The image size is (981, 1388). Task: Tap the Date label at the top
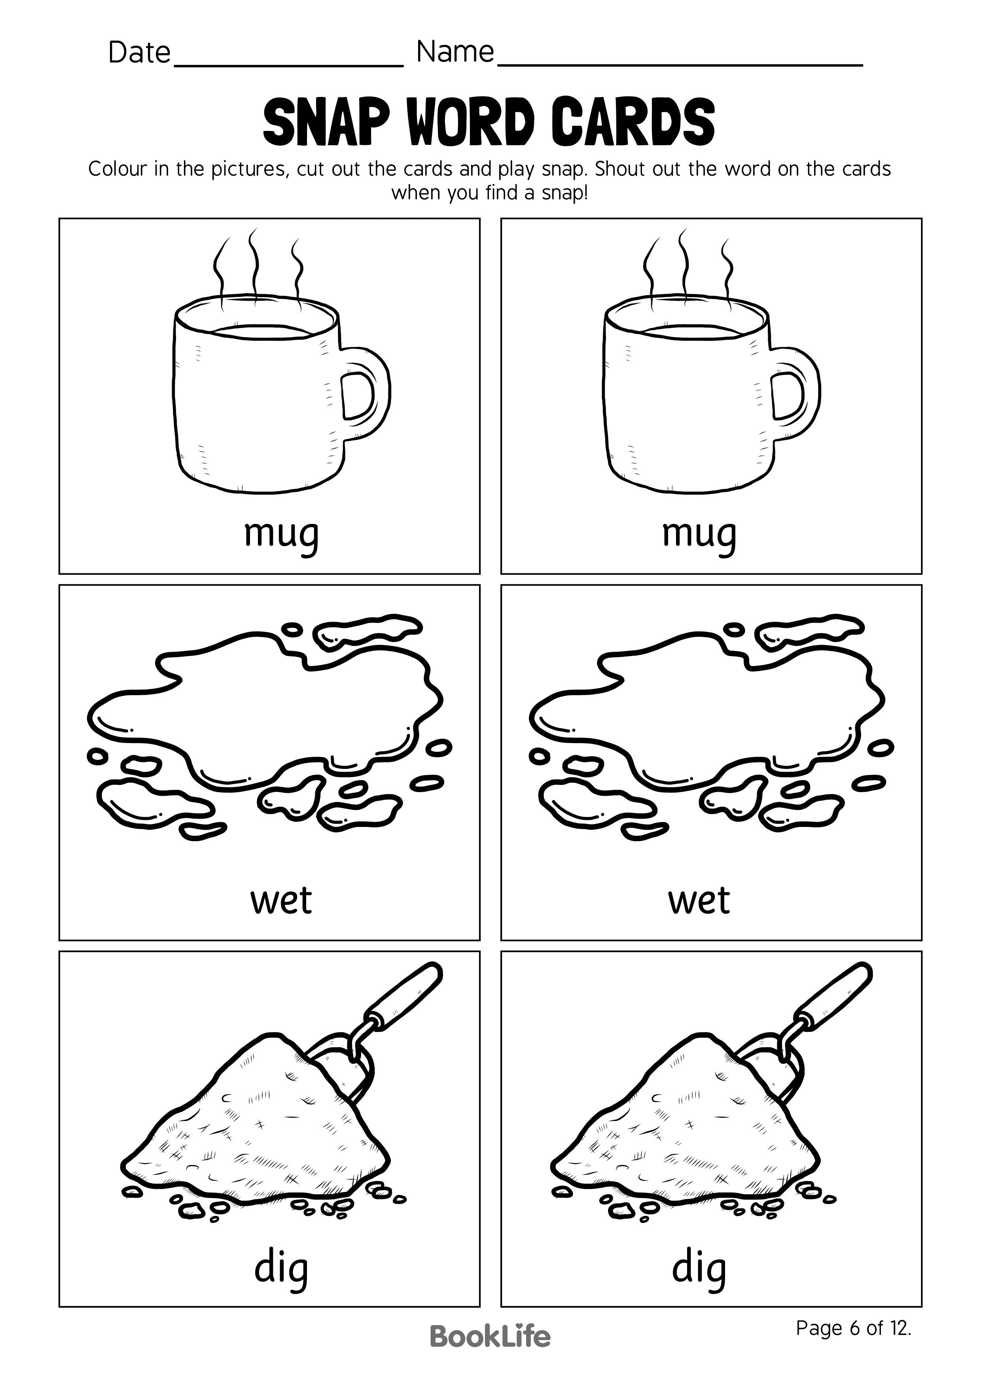click(139, 53)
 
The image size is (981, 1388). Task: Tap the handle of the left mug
click(369, 393)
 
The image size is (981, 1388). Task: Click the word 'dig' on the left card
click(281, 1268)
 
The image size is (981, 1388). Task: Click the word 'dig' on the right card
click(699, 1268)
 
